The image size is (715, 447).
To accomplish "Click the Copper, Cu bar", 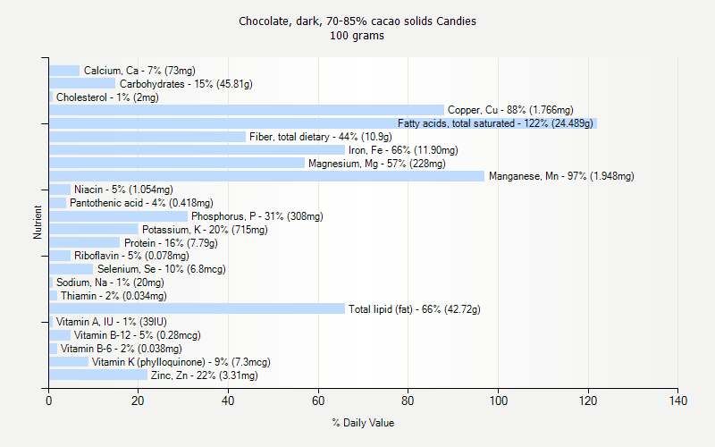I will tap(246, 110).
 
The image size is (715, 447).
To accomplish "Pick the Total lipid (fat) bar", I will tap(197, 308).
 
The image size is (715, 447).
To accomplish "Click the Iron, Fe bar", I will tap(197, 150).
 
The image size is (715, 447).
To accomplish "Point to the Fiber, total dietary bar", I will tap(147, 137).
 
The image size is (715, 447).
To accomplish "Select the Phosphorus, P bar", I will tap(118, 215).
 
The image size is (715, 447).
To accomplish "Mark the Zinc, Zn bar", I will tap(98, 375).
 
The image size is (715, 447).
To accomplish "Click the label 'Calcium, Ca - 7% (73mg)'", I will tap(139, 71).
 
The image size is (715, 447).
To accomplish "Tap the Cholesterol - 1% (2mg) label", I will tap(107, 97).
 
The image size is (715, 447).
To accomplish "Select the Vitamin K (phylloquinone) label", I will tap(181, 362).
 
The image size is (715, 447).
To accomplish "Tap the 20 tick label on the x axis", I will tap(139, 401).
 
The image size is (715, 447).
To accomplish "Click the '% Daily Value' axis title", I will tap(363, 423).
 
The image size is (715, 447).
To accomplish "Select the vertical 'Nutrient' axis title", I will tap(38, 222).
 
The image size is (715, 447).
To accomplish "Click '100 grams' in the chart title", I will tap(357, 36).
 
